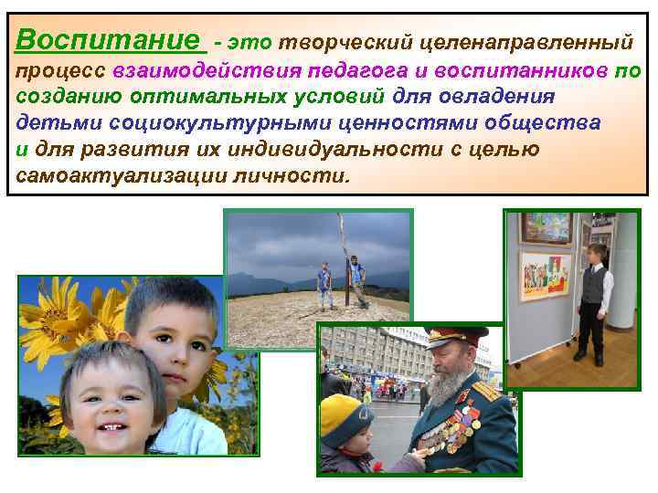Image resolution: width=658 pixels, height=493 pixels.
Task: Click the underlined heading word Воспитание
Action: [108, 40]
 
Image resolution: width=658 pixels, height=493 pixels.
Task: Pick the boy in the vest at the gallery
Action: [596, 297]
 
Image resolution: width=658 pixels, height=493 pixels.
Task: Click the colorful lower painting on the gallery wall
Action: [546, 276]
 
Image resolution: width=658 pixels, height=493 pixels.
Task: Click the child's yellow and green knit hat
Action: [345, 415]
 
